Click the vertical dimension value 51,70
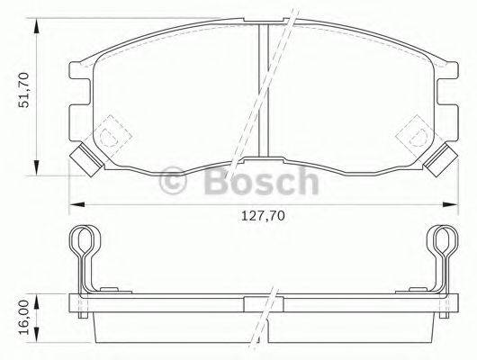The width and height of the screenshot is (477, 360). [x=25, y=91]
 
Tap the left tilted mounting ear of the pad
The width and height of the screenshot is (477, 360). [x=84, y=161]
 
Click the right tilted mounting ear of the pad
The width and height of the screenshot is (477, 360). [x=438, y=161]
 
